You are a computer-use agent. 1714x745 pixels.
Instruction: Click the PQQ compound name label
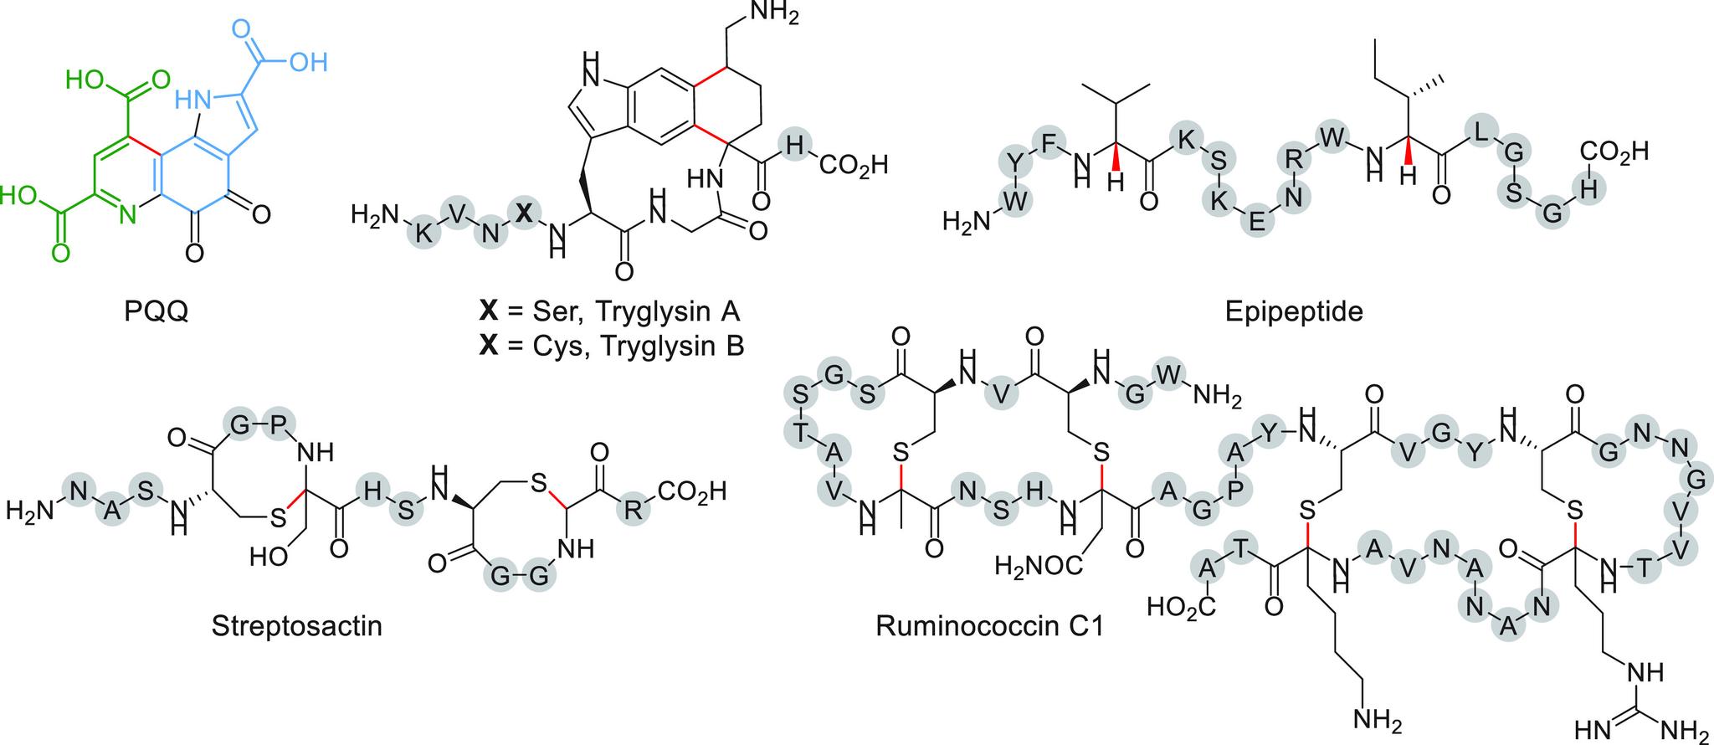click(155, 312)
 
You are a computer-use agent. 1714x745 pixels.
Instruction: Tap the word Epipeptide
click(1293, 311)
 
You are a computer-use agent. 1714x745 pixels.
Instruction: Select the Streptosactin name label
click(297, 625)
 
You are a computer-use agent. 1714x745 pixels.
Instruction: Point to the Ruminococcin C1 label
click(989, 625)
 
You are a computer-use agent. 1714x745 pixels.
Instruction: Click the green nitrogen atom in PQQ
click(127, 217)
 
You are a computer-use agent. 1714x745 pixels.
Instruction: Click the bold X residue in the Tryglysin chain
click(523, 213)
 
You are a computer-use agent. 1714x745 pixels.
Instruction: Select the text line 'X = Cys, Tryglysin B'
click(611, 346)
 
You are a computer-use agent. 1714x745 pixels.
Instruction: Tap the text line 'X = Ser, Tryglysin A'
click(610, 312)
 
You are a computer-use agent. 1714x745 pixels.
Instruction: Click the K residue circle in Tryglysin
click(423, 233)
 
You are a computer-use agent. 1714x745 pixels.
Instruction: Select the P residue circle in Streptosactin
click(277, 426)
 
